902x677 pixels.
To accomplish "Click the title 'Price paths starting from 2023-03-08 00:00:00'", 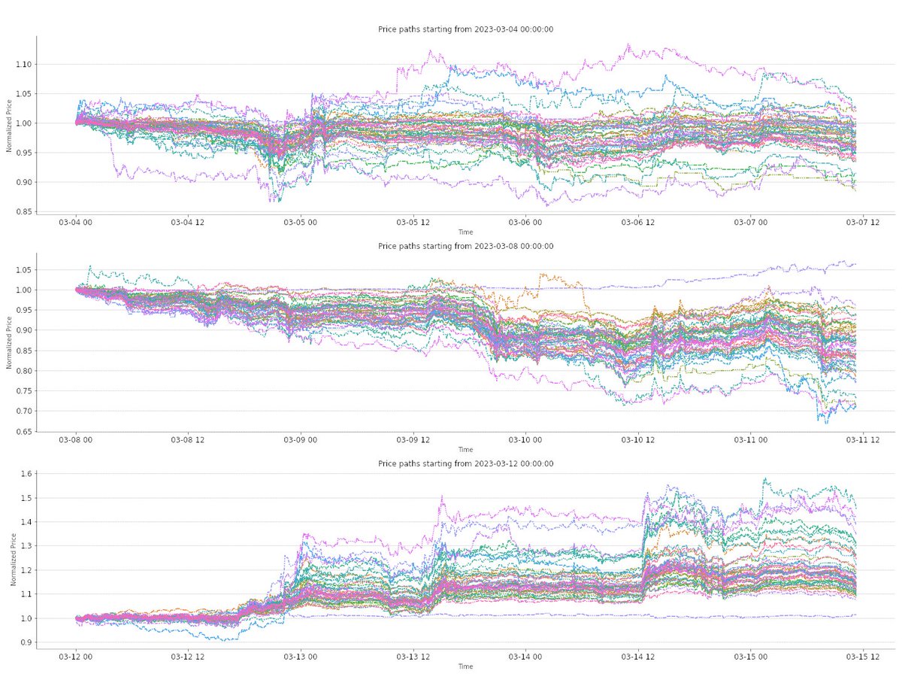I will coord(465,246).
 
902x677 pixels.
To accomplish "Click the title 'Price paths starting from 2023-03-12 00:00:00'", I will coord(465,463).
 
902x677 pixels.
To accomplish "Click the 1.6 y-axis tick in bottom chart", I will coord(24,474).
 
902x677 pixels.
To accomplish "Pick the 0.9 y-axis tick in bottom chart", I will coord(24,642).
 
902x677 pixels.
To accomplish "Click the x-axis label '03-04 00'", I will coord(76,223).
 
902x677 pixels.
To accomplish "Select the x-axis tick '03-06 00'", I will coord(521,223).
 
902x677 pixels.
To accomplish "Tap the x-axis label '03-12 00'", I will coord(76,657).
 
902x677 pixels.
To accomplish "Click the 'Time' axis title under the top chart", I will coord(465,232).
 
